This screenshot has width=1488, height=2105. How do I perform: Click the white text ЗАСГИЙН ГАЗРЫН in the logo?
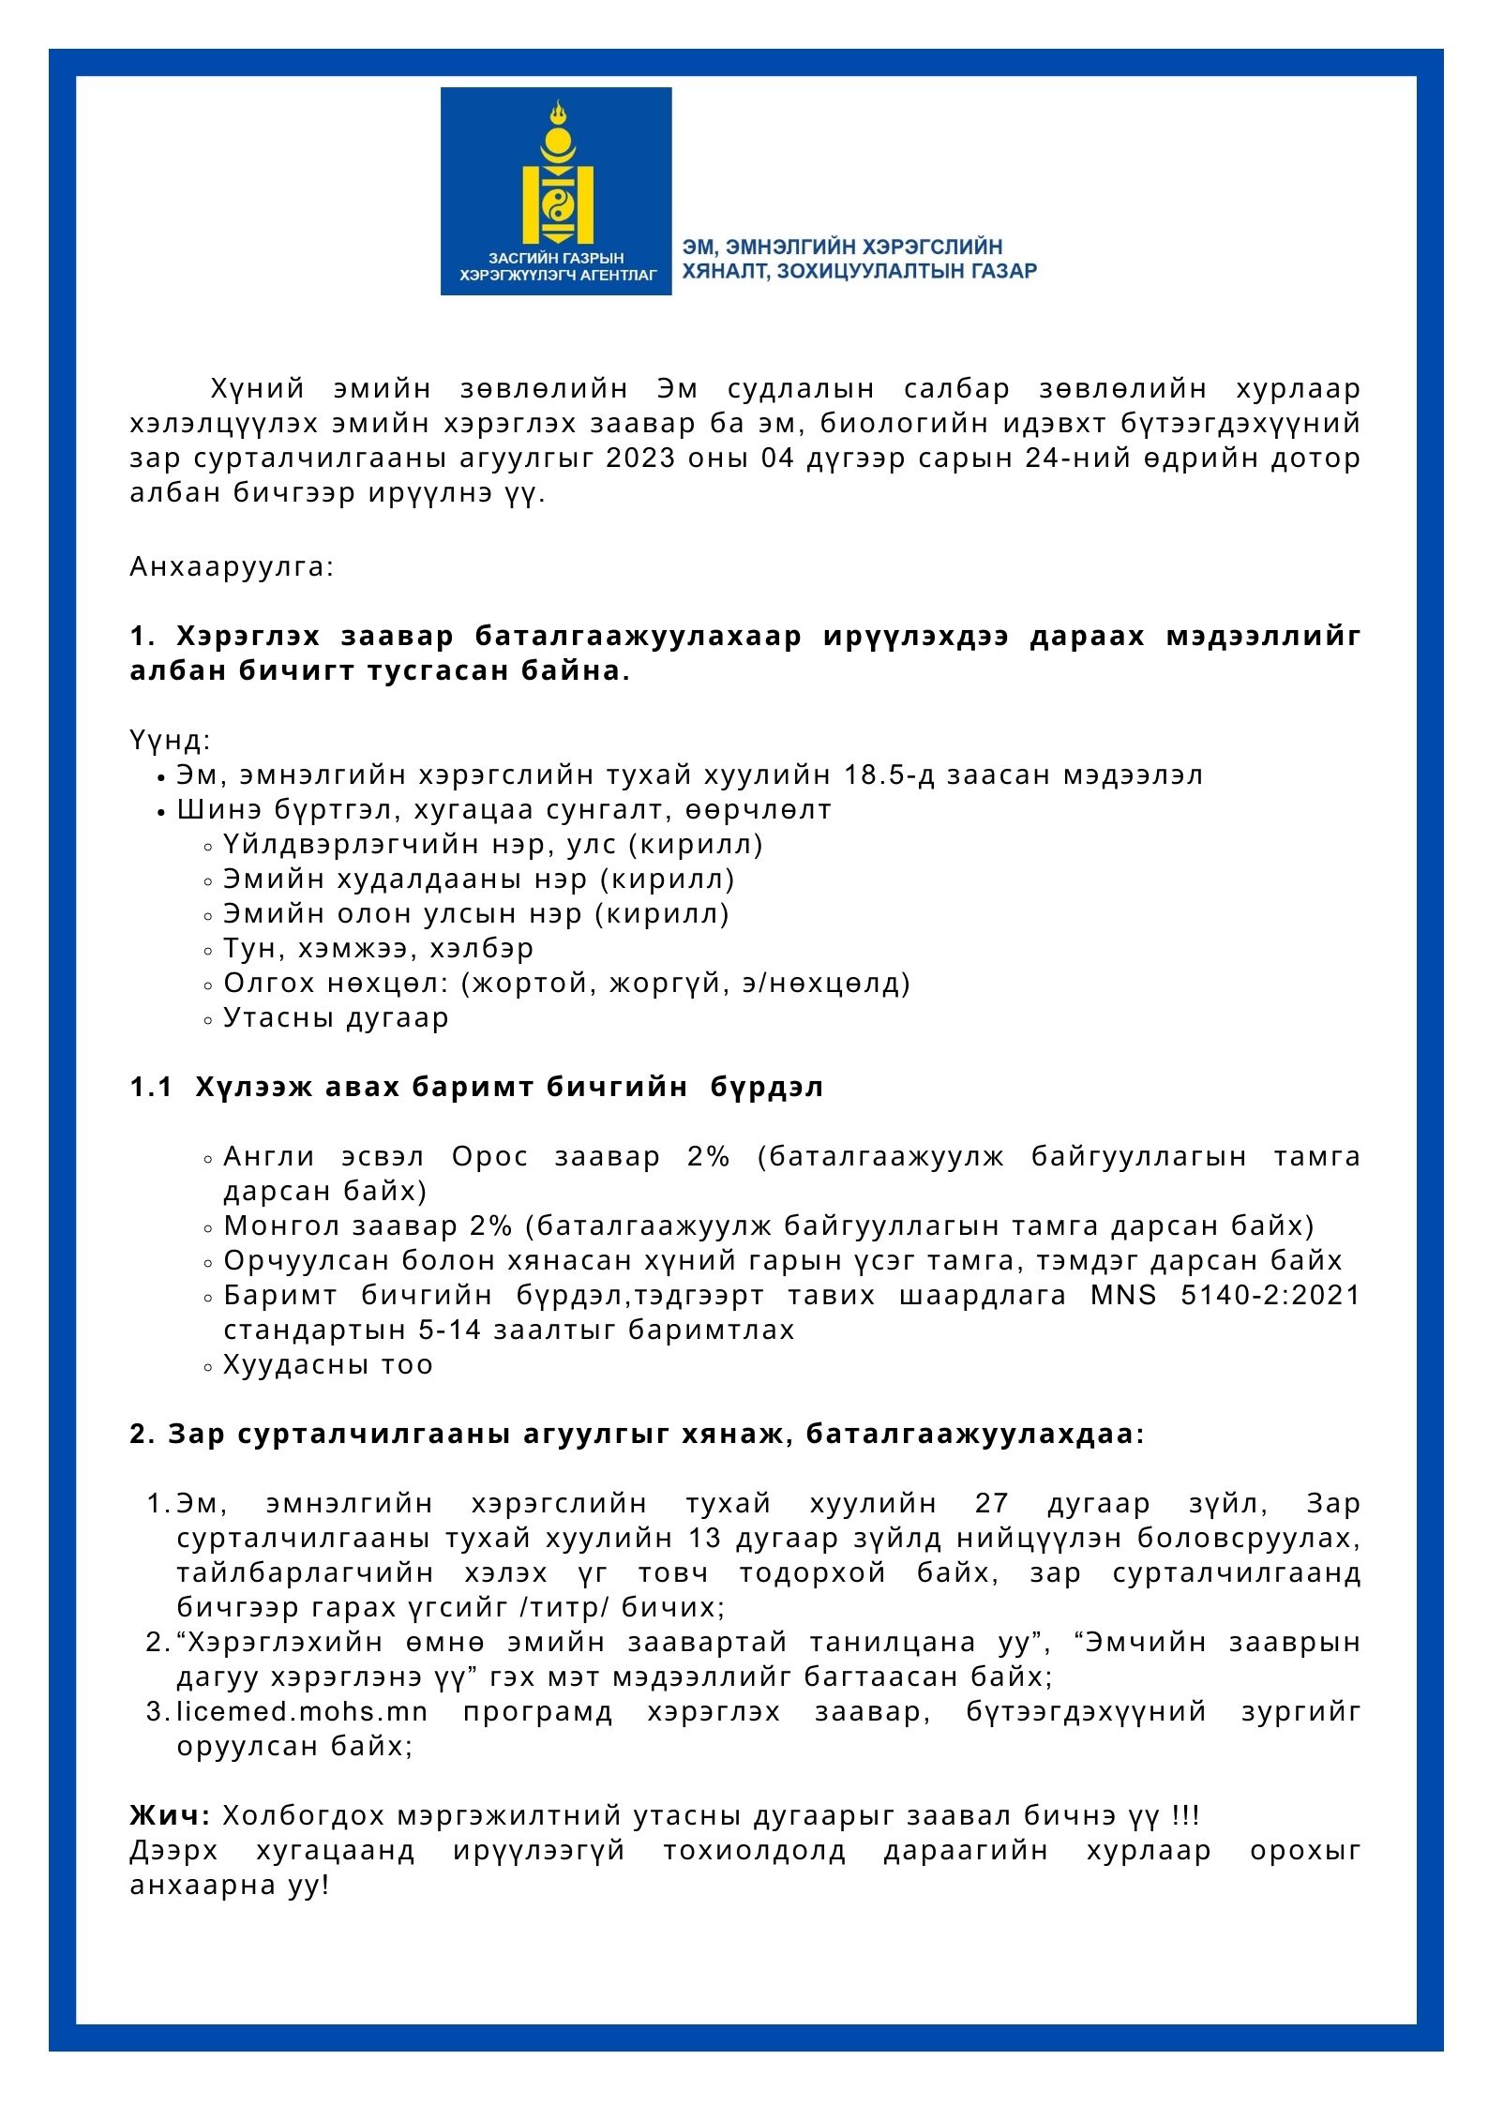coord(556,257)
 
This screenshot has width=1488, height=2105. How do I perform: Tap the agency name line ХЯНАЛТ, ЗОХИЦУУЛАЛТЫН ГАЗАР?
coord(859,272)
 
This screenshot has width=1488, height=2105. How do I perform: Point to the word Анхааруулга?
coord(232,567)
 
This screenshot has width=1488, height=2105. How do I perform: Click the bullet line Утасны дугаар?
coord(336,1017)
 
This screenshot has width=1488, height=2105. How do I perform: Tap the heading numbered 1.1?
coord(476,1087)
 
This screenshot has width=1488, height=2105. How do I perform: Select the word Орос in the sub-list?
coord(489,1156)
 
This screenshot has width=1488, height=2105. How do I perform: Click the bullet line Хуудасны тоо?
coord(328,1364)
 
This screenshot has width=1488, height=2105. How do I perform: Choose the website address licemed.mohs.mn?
coord(302,1711)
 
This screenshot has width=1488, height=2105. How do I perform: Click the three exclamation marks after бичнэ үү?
coord(1186,1816)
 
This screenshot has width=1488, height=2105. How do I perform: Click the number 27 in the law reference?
coord(991,1503)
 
